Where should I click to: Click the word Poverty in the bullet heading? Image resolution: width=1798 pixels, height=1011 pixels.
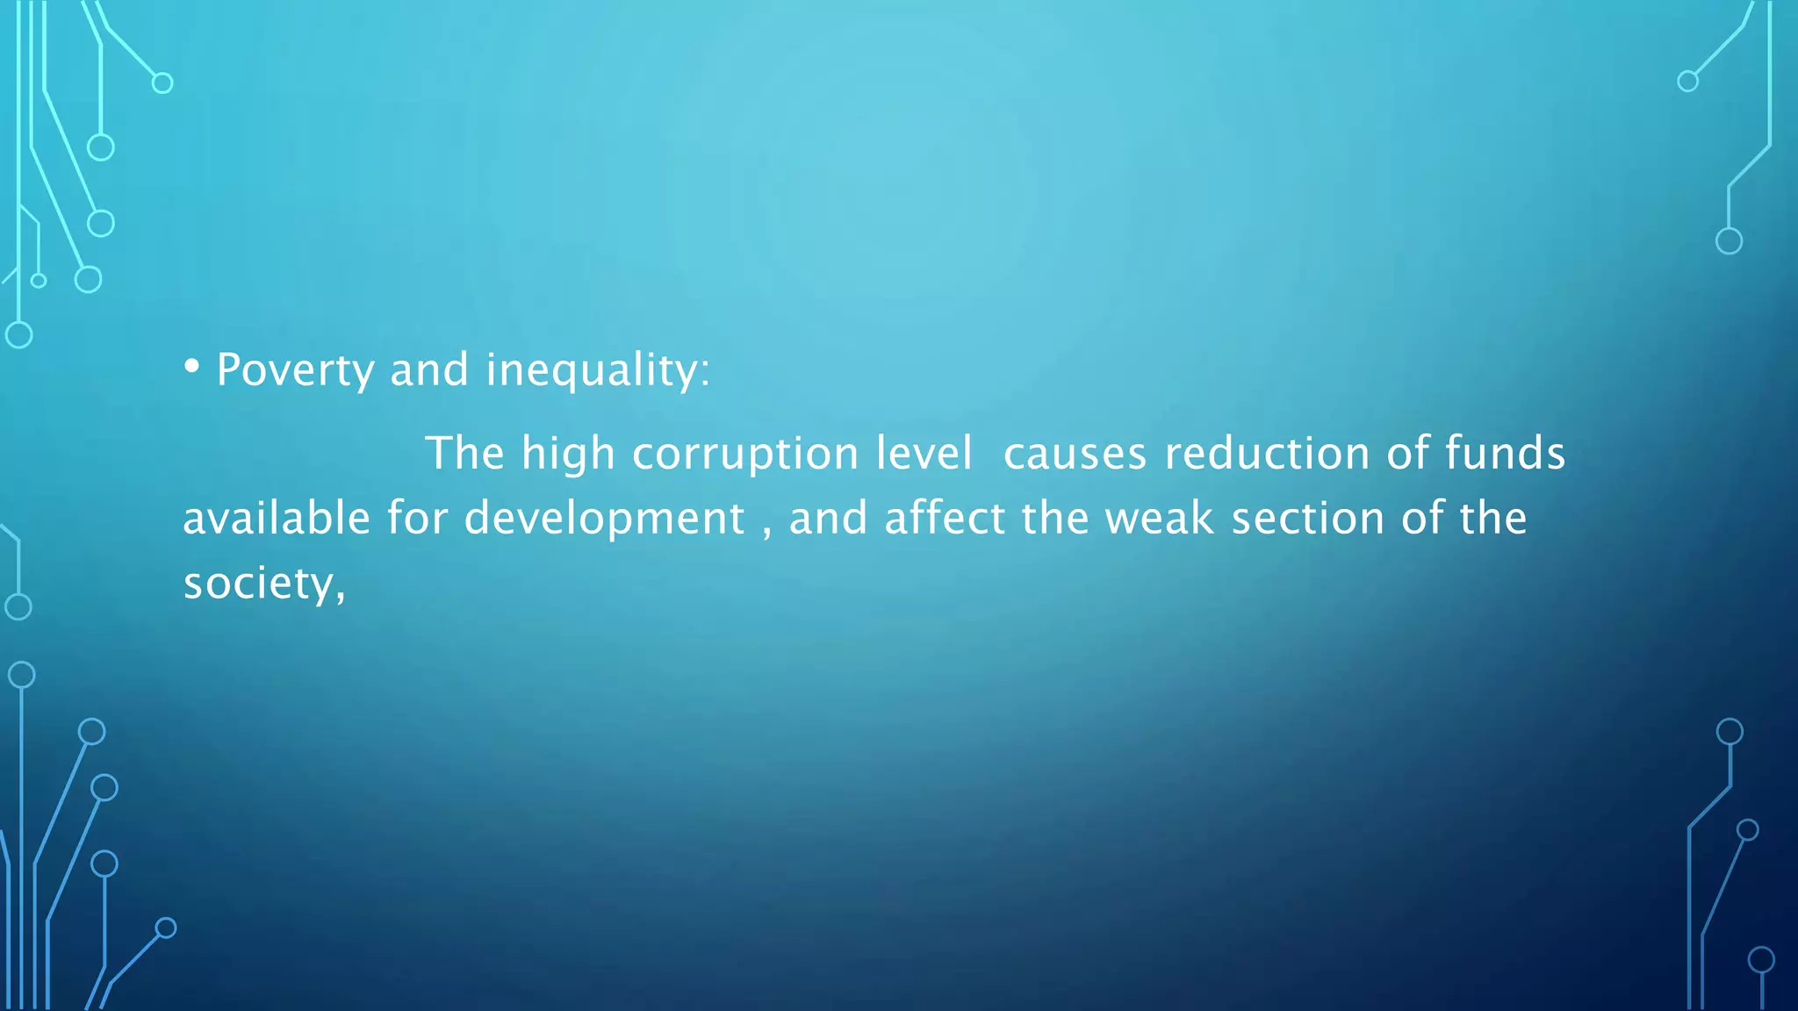295,370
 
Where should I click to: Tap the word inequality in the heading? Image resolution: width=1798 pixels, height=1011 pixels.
592,370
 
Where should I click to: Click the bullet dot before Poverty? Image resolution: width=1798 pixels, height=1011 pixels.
191,367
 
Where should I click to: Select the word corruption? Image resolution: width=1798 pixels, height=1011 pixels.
744,455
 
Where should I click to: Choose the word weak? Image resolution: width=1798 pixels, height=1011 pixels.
1159,519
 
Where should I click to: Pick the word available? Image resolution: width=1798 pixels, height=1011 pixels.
277,519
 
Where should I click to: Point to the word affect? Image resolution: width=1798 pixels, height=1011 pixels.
945,519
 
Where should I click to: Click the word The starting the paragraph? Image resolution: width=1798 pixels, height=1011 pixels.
464,454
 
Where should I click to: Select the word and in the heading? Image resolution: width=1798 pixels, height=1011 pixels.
429,369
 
